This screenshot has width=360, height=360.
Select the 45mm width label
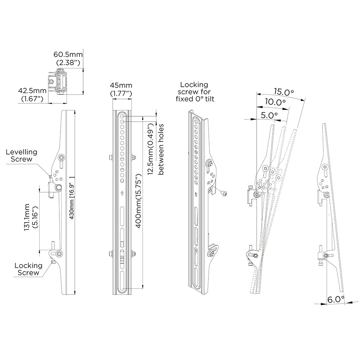coord(121,85)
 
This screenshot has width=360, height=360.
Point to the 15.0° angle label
coord(284,92)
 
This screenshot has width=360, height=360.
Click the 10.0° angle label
coord(275,102)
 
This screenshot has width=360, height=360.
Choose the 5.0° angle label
coord(269,115)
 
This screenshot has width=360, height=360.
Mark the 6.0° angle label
coord(336,300)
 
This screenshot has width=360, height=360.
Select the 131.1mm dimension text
coord(31,217)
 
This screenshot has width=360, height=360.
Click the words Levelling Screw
coord(22,156)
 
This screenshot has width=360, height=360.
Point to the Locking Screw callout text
coord(28,269)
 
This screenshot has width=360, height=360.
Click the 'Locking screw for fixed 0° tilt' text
coord(195,92)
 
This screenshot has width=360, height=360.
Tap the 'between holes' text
coord(161,149)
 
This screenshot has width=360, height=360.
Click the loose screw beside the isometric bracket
coord(224,193)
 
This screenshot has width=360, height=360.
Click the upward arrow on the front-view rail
coord(122,193)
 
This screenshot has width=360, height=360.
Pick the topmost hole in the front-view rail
coord(122,117)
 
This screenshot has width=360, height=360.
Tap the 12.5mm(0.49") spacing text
coord(150,149)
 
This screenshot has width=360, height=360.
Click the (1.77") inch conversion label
coord(121,94)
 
